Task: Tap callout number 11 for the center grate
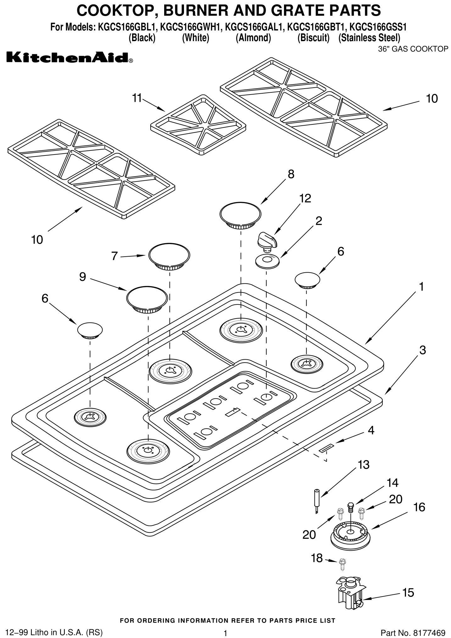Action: click(137, 98)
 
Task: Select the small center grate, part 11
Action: click(198, 125)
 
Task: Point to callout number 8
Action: click(291, 174)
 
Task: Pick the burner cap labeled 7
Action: click(169, 257)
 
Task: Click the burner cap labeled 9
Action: click(147, 299)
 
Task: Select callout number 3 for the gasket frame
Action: click(422, 350)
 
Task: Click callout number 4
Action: click(371, 430)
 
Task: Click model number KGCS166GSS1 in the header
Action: click(378, 27)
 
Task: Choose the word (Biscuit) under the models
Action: click(313, 38)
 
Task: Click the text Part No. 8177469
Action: click(413, 632)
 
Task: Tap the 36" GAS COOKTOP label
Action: click(413, 49)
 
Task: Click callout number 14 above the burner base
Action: click(393, 483)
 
